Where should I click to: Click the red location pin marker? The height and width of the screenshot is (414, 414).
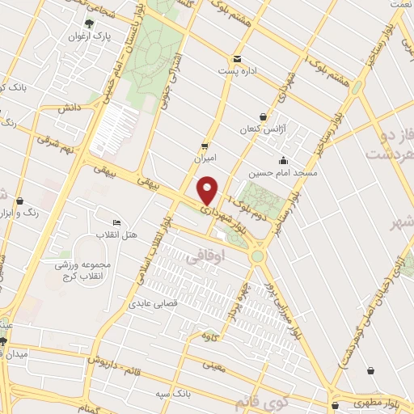point(208,190)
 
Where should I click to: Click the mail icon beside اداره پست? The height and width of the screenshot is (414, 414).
point(237,58)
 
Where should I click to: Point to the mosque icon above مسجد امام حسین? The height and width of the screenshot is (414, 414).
point(282,160)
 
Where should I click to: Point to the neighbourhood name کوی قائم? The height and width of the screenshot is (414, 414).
point(254,401)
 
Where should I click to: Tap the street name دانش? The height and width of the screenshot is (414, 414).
point(67,108)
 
